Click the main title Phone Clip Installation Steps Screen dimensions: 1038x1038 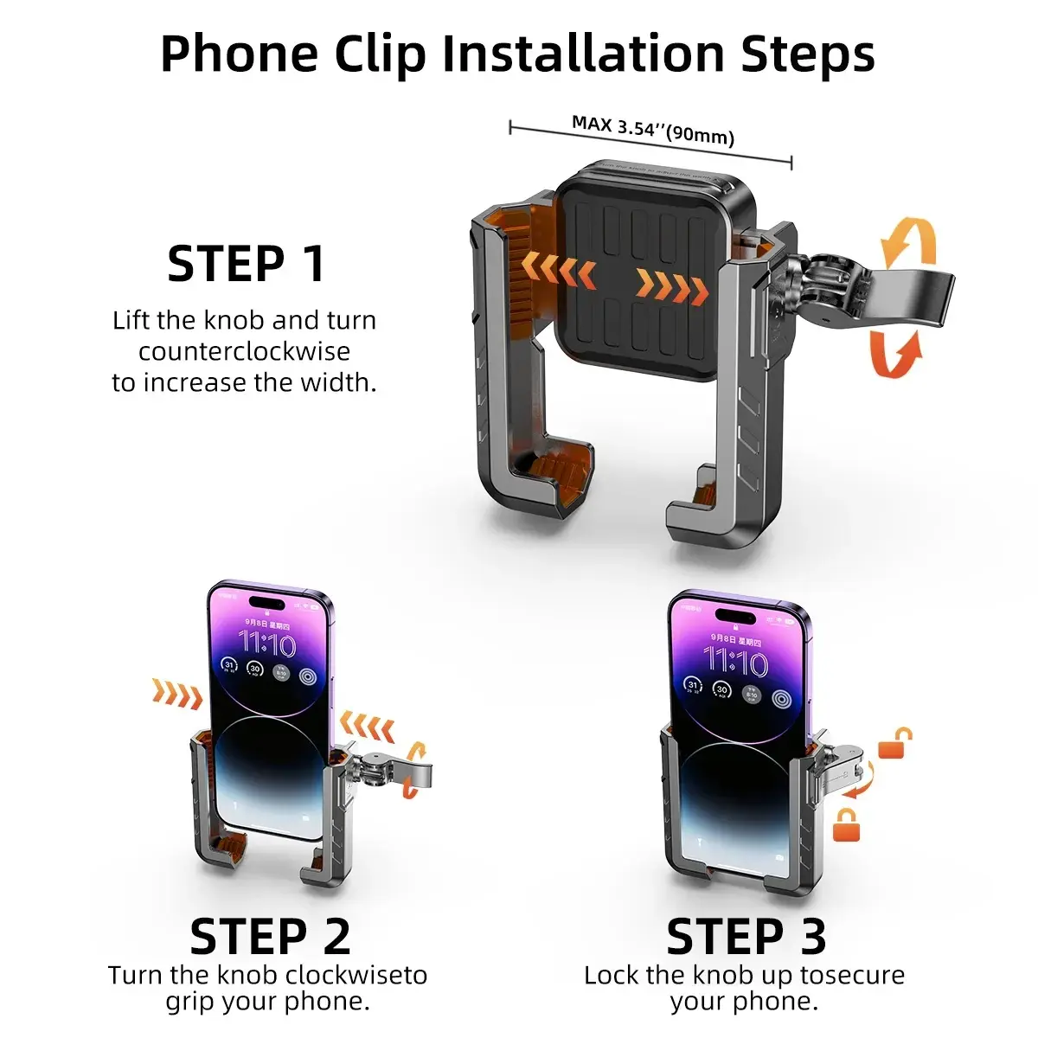click(517, 54)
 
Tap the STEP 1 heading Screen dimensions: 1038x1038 click(247, 264)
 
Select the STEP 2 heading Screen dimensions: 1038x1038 click(270, 936)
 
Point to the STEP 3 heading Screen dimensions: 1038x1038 click(746, 936)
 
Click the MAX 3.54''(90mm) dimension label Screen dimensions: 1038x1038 click(652, 131)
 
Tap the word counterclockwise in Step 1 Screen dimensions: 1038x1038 click(245, 351)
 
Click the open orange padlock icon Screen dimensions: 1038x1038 click(895, 743)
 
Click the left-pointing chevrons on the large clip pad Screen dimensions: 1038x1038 click(566, 275)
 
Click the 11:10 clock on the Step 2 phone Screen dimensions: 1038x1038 click(267, 644)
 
